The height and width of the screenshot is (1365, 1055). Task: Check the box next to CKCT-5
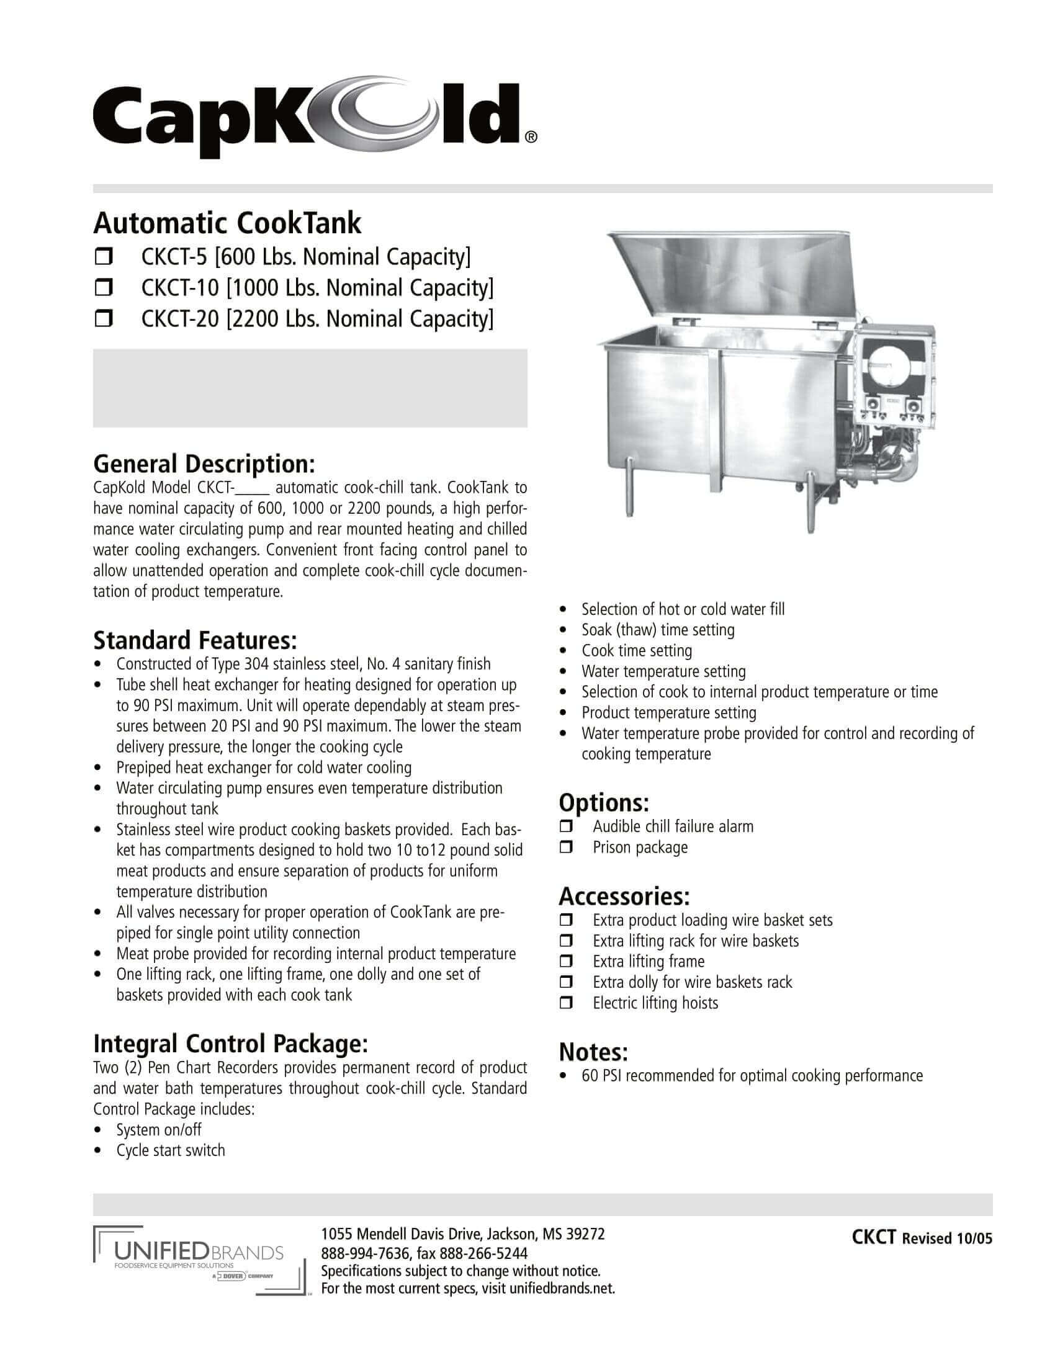click(103, 257)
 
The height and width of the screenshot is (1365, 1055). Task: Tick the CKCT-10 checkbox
click(103, 288)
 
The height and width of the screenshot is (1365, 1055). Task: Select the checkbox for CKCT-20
click(103, 320)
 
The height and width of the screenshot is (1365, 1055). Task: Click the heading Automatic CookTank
click(228, 223)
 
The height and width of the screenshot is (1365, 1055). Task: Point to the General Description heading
click(204, 464)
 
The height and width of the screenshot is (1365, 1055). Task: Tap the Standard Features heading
click(194, 641)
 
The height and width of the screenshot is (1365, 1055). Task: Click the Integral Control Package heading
click(230, 1043)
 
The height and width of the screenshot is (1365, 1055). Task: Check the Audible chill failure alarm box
click(566, 827)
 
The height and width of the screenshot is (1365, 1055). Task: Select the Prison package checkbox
click(566, 848)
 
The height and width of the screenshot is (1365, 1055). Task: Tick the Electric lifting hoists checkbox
click(566, 1003)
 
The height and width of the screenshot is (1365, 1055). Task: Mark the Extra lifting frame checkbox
click(566, 962)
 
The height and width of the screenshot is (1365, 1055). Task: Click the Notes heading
click(593, 1052)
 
